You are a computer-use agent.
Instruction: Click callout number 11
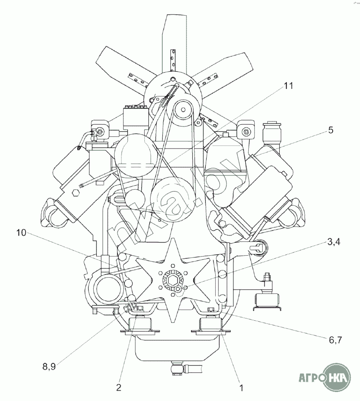288,86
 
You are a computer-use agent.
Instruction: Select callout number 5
331,130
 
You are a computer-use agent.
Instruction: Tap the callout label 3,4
334,241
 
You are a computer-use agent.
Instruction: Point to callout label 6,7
334,340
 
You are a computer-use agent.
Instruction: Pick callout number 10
21,233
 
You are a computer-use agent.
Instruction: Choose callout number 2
118,388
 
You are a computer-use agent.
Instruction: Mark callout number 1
241,388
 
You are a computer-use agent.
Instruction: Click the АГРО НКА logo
325,377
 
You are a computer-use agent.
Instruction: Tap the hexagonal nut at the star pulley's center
172,281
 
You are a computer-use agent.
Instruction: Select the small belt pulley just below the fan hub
182,109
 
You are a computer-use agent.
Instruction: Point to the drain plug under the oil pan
177,369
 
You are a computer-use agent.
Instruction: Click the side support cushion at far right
268,302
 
